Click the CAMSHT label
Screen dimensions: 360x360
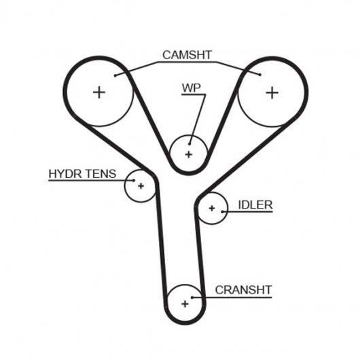pos(187,55)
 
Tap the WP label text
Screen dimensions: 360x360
pos(192,88)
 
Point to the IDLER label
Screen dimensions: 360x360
pos(255,205)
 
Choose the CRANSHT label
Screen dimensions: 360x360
pos(243,290)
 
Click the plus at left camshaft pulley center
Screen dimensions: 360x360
pos(99,92)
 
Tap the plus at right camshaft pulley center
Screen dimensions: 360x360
pos(272,93)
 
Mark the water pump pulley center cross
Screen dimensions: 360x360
pos(189,154)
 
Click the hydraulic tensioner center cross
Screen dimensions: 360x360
pos(141,185)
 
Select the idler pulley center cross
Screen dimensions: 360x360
pos(212,209)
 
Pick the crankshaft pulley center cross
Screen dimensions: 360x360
pos(185,304)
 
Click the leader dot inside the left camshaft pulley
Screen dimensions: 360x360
pos(115,75)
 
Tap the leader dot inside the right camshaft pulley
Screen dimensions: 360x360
pos(260,75)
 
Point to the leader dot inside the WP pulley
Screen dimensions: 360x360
pos(190,144)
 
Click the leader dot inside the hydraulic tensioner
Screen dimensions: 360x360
pos(134,181)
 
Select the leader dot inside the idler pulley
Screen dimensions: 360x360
pos(222,211)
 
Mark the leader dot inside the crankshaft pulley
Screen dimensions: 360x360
pos(192,298)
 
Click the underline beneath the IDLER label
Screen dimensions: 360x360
pos(247,211)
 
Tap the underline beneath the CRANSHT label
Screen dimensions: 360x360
pos(232,298)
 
